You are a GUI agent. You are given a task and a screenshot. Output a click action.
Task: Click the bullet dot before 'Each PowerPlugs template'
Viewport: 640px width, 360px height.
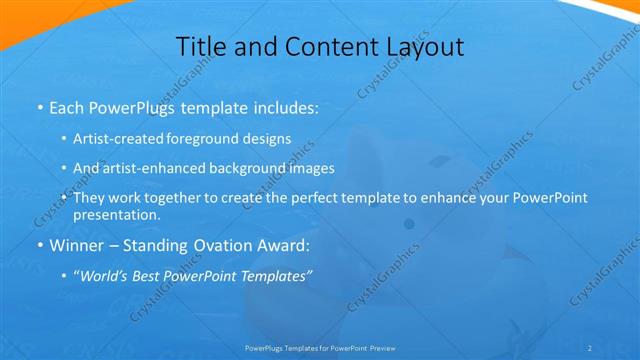tap(39, 107)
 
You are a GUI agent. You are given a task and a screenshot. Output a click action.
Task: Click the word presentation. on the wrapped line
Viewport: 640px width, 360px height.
tap(117, 215)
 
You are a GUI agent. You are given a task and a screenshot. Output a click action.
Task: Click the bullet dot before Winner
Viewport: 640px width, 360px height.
tap(39, 246)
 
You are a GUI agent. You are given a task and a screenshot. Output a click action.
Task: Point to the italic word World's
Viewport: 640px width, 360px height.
tap(104, 276)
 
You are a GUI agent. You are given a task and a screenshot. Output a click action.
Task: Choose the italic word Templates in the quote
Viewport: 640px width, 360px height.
tap(273, 276)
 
